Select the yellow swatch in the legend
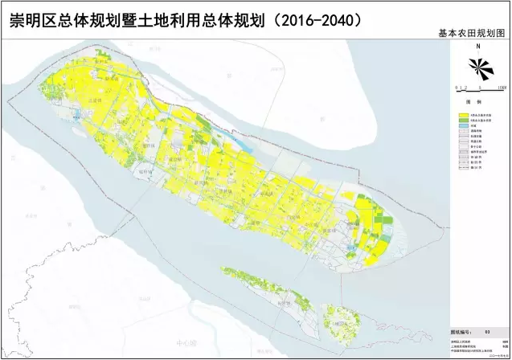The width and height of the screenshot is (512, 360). [x=453, y=115]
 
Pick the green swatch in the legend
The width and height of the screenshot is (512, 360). [x=453, y=121]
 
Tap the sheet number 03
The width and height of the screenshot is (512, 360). [x=486, y=329]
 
